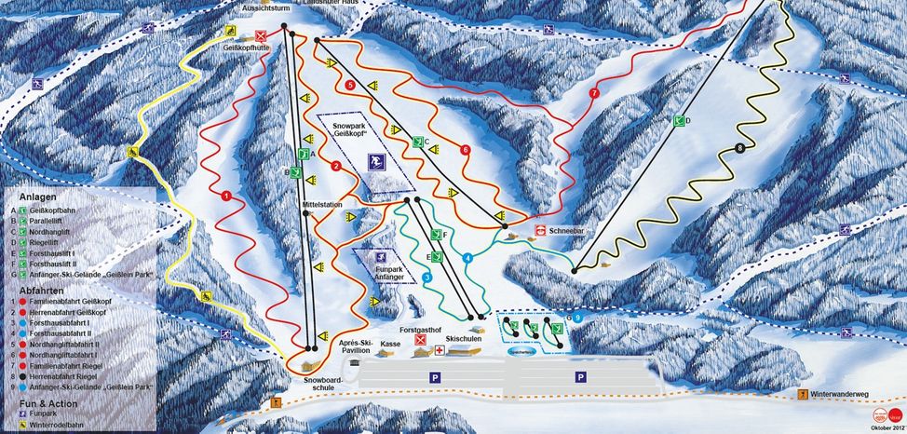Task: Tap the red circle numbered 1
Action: point(225,196)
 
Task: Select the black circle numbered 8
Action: point(740,147)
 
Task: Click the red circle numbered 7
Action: point(594,93)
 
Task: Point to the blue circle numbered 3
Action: point(427,278)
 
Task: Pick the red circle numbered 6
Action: point(466,149)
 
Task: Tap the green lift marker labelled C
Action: point(419,142)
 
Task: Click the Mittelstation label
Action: point(322,203)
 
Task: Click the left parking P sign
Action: point(434,377)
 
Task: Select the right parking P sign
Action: point(580,377)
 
